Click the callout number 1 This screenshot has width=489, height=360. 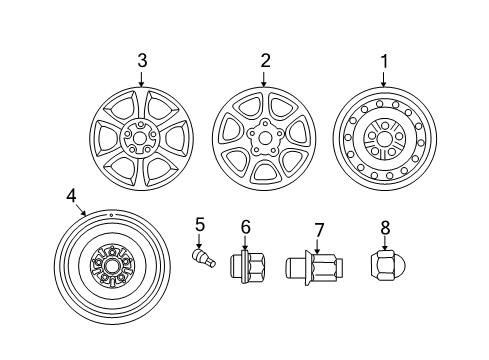pyautogui.click(x=382, y=61)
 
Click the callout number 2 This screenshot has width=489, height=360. pyautogui.click(x=265, y=61)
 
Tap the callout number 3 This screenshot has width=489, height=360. pyautogui.click(x=142, y=61)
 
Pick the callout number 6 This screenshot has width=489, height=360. pyautogui.click(x=245, y=228)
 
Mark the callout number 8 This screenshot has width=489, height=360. pyautogui.click(x=385, y=231)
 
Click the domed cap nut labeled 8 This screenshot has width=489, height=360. pyautogui.click(x=384, y=267)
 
